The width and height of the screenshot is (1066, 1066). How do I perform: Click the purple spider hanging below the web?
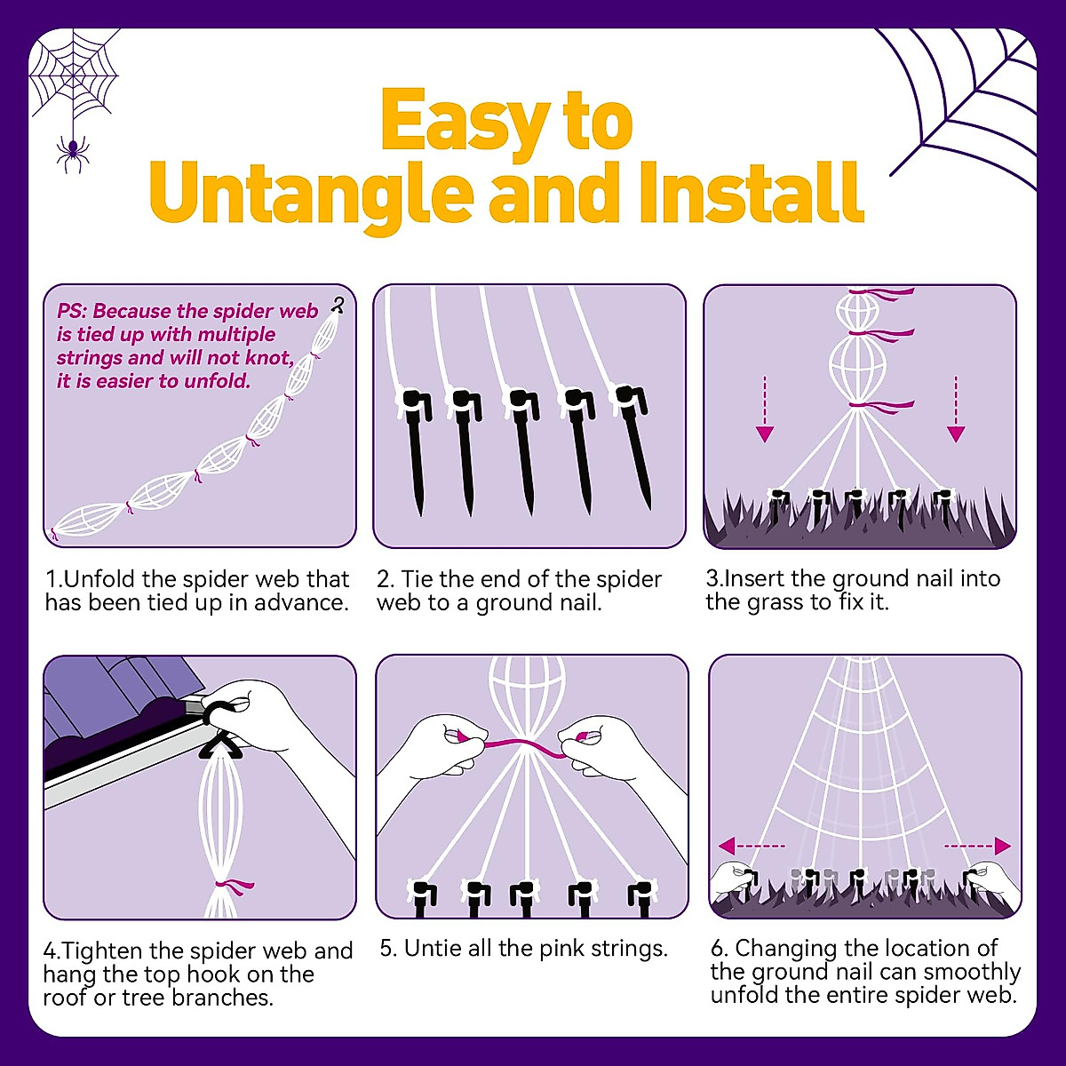click(72, 153)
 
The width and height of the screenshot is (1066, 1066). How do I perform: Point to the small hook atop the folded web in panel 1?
click(338, 305)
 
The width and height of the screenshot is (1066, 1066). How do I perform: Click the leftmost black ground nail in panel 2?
click(415, 449)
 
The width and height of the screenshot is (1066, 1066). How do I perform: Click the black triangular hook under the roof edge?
click(220, 742)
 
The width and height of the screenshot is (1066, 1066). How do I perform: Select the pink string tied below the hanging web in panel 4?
click(236, 886)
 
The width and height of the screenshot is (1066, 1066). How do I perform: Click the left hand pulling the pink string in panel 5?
click(442, 746)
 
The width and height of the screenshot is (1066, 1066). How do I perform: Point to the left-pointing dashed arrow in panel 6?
click(752, 845)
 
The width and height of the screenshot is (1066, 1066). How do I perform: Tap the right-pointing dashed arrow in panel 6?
click(977, 845)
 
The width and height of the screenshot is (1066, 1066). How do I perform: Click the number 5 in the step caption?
click(387, 949)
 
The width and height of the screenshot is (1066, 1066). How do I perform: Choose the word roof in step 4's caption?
click(65, 998)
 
